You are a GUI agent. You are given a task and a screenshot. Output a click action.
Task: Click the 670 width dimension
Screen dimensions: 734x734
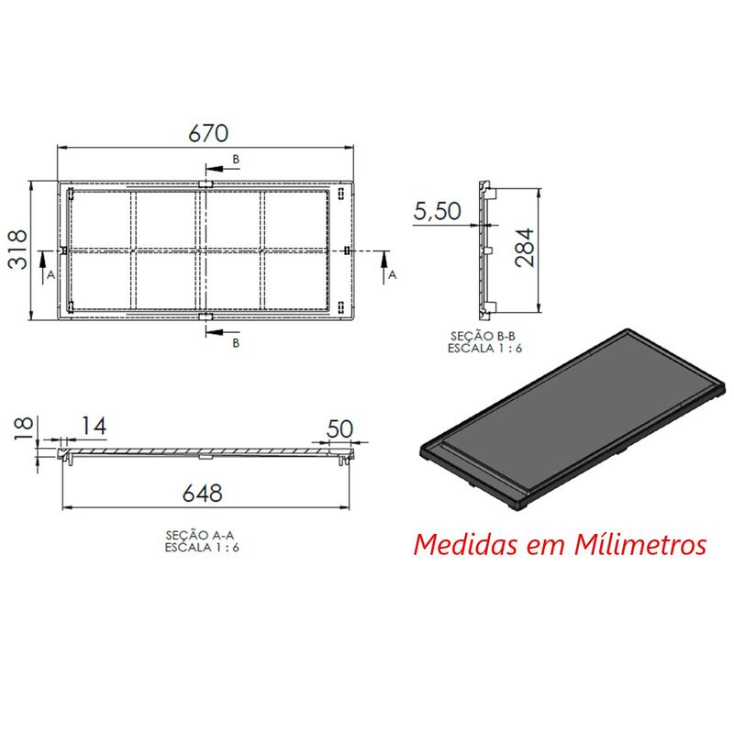[x=208, y=133]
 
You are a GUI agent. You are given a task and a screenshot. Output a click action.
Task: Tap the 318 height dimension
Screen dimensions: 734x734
[x=18, y=249]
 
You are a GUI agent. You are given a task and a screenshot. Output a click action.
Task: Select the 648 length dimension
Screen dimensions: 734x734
[x=202, y=493]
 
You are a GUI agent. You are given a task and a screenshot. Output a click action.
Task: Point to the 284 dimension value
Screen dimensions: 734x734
[x=525, y=248]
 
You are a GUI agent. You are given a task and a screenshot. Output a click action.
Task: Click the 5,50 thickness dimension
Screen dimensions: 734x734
[x=438, y=211]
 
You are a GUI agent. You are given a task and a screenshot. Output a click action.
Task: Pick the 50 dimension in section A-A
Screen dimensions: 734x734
[x=339, y=428]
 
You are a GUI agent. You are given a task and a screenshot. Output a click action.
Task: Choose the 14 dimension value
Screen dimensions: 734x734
[x=95, y=426]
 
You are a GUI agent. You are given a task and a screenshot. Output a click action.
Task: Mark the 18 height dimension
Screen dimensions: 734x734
[x=24, y=428]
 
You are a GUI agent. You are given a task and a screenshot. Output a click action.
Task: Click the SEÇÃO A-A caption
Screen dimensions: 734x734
[x=200, y=535]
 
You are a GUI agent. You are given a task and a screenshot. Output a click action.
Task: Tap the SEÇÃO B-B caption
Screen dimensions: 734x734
[x=484, y=336]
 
